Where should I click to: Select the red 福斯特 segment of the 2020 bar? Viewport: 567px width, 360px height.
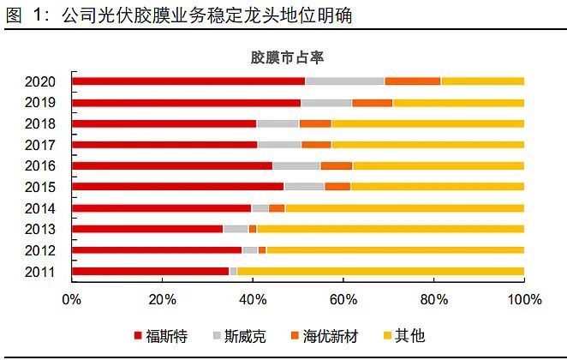click(x=188, y=81)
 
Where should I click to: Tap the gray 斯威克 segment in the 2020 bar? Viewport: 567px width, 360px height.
click(x=344, y=81)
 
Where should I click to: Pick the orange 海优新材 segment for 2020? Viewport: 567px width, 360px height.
click(x=412, y=81)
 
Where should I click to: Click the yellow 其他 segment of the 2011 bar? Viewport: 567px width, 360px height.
click(x=380, y=272)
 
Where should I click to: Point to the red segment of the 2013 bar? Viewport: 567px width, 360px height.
click(x=147, y=229)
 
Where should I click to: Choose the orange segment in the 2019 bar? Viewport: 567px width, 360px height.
click(x=372, y=103)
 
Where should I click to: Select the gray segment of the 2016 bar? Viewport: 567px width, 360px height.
click(x=296, y=165)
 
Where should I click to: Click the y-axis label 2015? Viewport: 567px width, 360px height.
click(x=41, y=187)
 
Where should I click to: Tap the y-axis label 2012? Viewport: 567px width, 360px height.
click(x=41, y=250)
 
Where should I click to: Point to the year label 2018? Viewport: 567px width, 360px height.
click(x=41, y=123)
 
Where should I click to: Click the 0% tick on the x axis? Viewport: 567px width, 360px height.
click(x=71, y=300)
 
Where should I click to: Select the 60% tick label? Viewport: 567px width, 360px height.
click(x=343, y=300)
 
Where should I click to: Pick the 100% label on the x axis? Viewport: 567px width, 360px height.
click(x=524, y=300)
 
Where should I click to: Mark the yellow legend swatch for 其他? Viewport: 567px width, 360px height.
click(x=388, y=336)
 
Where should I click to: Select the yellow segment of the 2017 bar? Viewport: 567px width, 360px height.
click(x=427, y=145)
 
